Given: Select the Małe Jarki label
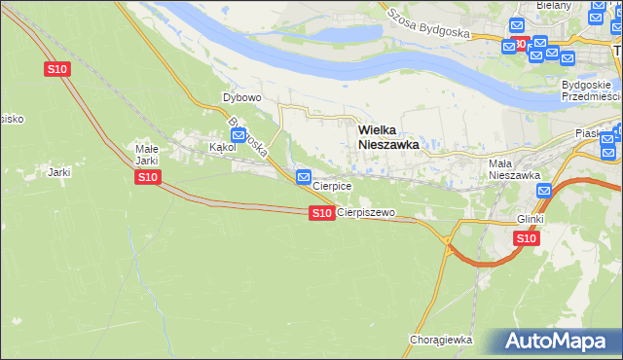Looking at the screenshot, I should coord(146,155).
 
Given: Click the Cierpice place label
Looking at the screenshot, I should coord(331,186).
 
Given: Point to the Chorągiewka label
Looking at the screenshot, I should coord(441,340).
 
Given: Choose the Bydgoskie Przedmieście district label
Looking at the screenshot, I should coord(591,90).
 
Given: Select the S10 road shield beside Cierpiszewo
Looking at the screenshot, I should coord(321,212).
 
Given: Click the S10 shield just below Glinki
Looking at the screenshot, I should coord(526,238).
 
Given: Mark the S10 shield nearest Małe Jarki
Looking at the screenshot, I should coord(147,177).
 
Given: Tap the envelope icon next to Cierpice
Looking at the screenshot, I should coord(303,177).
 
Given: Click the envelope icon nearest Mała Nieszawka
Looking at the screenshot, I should coord(544,192).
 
